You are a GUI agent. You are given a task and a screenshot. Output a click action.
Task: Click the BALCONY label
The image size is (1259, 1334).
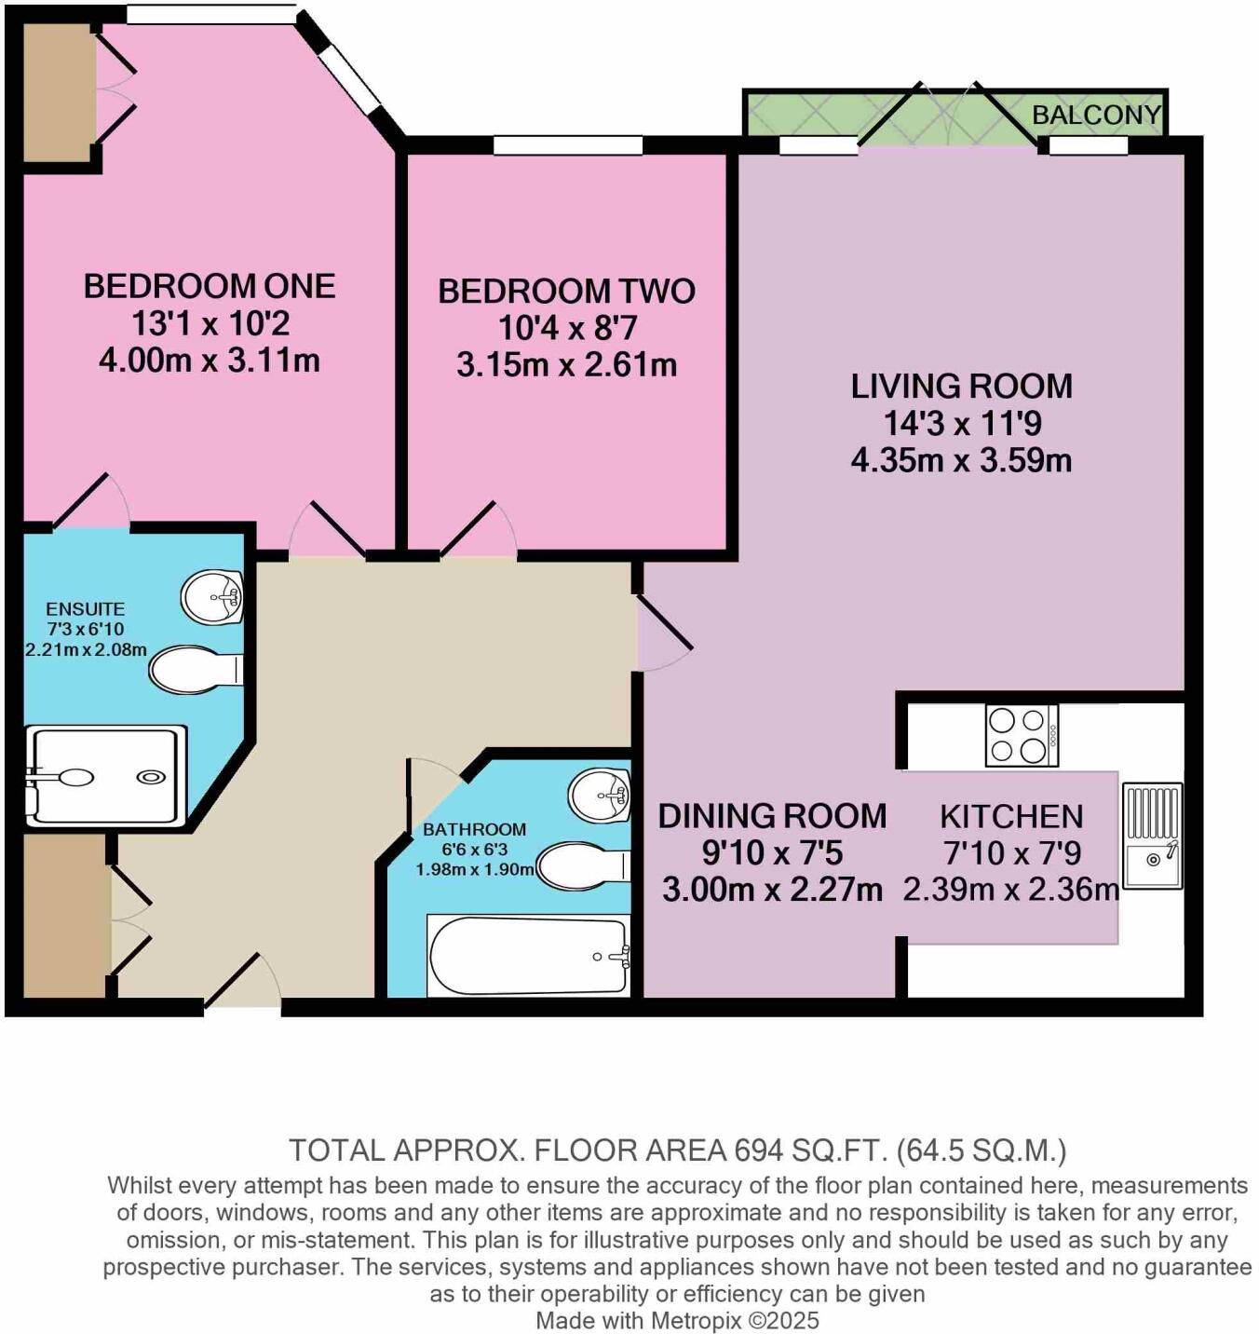pyautogui.click(x=1096, y=115)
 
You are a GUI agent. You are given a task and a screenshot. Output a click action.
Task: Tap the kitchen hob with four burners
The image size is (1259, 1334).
pyautogui.click(x=1022, y=735)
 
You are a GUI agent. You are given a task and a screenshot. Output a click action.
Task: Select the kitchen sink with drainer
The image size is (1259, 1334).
pyautogui.click(x=1152, y=836)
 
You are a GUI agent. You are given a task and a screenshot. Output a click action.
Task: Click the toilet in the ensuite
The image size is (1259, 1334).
pyautogui.click(x=195, y=670)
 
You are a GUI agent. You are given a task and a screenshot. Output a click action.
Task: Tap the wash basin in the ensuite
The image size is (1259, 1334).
pyautogui.click(x=213, y=596)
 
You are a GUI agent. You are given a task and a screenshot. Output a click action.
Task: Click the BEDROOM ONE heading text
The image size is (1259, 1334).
pyautogui.click(x=210, y=286)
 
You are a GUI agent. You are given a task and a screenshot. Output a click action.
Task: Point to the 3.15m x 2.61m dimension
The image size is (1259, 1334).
pyautogui.click(x=566, y=364)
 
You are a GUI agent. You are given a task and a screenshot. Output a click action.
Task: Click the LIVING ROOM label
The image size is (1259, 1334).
pyautogui.click(x=961, y=387)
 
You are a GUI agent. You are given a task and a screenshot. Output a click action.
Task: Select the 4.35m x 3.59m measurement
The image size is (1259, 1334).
pyautogui.click(x=961, y=460)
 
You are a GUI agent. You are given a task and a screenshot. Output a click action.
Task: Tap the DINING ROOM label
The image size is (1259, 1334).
pyautogui.click(x=772, y=816)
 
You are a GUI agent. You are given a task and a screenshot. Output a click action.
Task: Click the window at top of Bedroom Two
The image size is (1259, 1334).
pyautogui.click(x=567, y=144)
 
